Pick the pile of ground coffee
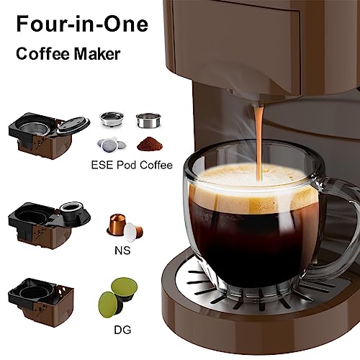150,141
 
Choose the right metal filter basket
148,117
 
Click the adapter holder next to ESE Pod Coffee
48,134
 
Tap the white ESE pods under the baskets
111,143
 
